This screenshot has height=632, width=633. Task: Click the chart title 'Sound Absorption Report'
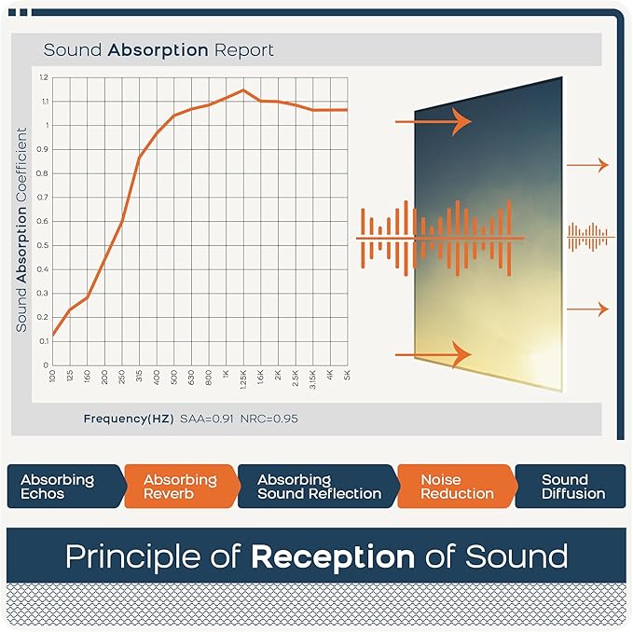coord(158,49)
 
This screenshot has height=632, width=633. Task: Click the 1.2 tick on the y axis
coord(44,77)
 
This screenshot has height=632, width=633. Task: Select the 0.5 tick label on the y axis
coord(44,245)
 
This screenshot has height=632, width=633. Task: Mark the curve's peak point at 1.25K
coord(243,90)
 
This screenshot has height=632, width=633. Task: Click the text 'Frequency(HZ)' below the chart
coord(128,419)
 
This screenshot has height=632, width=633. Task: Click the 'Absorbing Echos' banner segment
coord(58,487)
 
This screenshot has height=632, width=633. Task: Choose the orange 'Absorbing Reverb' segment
coord(180,487)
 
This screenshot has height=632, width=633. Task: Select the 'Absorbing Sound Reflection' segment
coord(319,487)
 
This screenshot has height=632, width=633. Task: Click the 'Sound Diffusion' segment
coord(572,487)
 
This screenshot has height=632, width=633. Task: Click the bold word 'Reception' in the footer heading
coord(332,556)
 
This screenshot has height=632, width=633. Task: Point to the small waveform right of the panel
coord(591,238)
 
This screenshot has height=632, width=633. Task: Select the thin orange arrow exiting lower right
coord(587,309)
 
